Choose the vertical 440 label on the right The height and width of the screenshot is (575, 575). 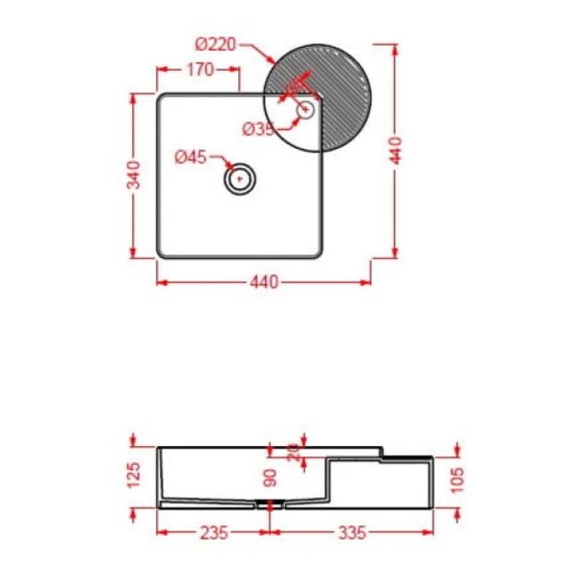(395, 150)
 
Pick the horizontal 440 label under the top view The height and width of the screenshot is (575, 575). (263, 283)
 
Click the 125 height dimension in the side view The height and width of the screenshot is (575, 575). (135, 474)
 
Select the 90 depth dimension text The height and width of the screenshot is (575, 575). (270, 476)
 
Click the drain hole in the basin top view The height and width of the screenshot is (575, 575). (240, 177)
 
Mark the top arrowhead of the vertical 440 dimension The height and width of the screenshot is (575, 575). (395, 45)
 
